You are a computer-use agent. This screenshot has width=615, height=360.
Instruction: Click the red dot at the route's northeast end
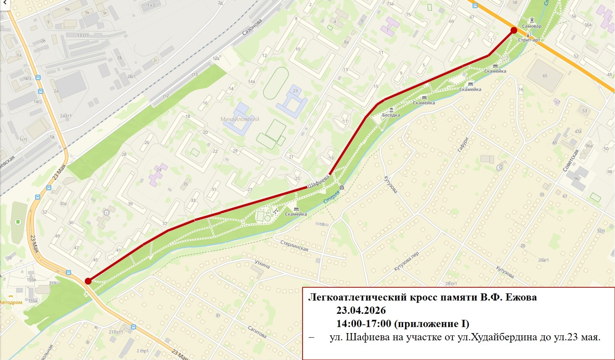(x=514, y=30)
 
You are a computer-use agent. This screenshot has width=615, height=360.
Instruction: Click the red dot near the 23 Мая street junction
(x=88, y=281)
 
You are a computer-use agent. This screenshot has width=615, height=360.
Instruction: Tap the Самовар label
(x=532, y=26)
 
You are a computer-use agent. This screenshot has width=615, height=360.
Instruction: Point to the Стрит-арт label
(x=529, y=40)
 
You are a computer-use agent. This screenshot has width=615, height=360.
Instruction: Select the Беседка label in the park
(x=391, y=115)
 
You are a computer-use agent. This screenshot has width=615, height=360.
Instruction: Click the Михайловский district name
(x=240, y=119)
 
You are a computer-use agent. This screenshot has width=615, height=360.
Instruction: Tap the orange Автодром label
(x=11, y=302)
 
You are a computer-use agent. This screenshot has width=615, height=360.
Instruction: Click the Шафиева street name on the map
(x=318, y=182)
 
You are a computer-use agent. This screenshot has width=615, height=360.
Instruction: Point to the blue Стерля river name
(x=331, y=197)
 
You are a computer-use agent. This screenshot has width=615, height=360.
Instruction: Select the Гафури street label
(x=463, y=145)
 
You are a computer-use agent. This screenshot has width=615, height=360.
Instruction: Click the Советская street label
(x=571, y=161)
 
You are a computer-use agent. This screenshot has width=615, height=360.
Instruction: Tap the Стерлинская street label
(x=294, y=246)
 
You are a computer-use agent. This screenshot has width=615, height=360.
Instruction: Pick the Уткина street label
(x=262, y=264)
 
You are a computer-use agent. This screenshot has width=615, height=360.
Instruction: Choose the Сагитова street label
(x=257, y=332)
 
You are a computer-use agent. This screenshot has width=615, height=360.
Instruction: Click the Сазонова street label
(x=252, y=27)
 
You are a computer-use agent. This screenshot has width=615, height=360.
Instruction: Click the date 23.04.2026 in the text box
(x=361, y=310)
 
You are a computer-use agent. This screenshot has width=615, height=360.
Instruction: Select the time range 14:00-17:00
(x=364, y=323)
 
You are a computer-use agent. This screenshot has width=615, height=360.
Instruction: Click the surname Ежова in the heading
(x=520, y=297)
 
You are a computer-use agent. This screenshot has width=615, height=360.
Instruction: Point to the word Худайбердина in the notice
(x=504, y=337)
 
